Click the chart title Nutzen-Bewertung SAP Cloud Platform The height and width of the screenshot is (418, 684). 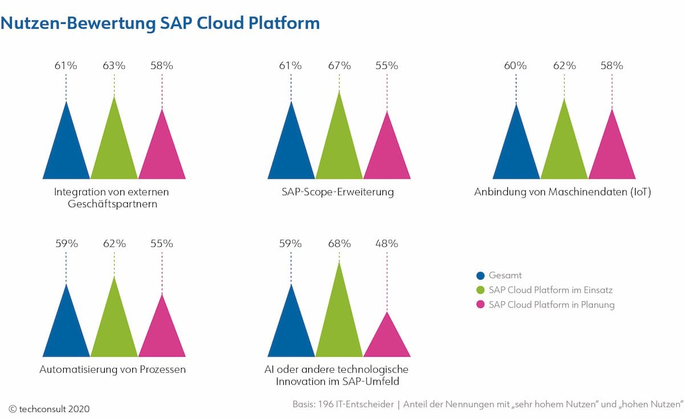click(160, 23)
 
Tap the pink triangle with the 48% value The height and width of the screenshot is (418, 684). click(386, 339)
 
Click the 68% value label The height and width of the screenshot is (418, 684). click(339, 243)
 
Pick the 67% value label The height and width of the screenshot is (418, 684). click(339, 65)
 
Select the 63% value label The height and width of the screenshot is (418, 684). click(114, 65)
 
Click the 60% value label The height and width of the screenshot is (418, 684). click(515, 65)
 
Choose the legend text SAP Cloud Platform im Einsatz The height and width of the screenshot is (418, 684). click(550, 290)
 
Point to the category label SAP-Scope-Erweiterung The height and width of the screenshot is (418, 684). click(337, 192)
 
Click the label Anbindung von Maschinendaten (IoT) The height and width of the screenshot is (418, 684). click(562, 192)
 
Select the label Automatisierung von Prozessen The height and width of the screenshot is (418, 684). click(112, 370)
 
